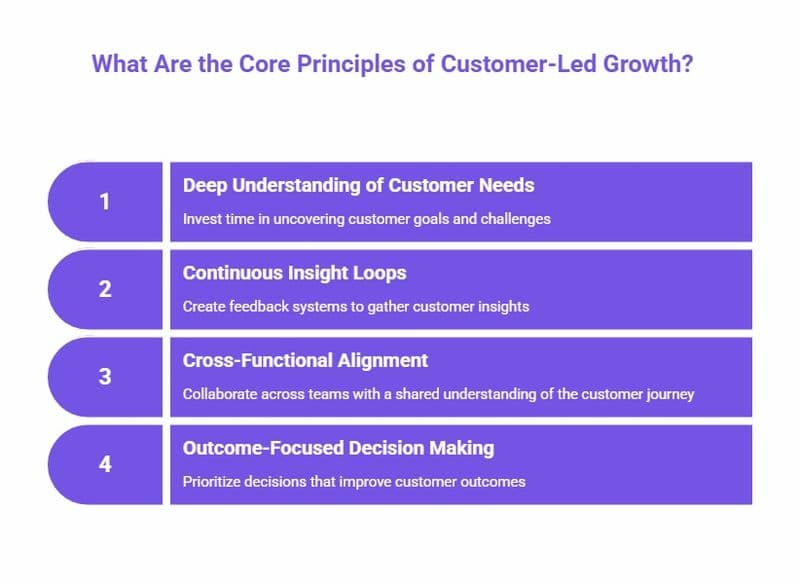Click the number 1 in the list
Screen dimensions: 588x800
[x=104, y=202]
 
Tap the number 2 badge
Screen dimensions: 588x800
[x=104, y=290]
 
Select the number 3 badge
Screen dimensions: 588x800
[x=104, y=377]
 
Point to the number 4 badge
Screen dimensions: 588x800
[x=104, y=465]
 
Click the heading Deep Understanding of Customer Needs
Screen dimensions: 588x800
[x=358, y=185]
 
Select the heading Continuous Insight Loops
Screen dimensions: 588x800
[x=294, y=273]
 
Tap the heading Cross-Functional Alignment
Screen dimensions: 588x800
[x=305, y=360]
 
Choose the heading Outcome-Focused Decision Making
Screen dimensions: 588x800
[x=338, y=448]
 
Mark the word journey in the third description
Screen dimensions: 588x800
[x=671, y=394]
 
